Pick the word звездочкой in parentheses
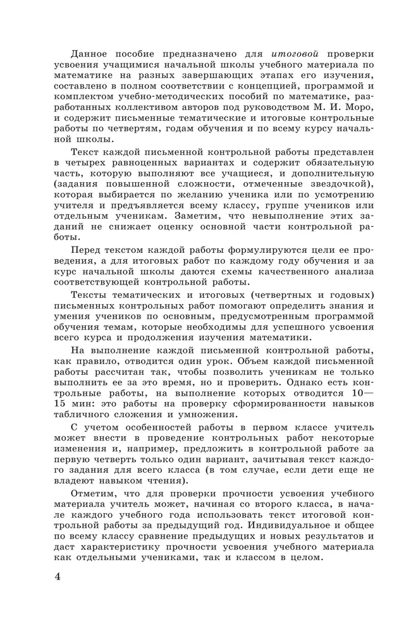pos(337,184)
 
